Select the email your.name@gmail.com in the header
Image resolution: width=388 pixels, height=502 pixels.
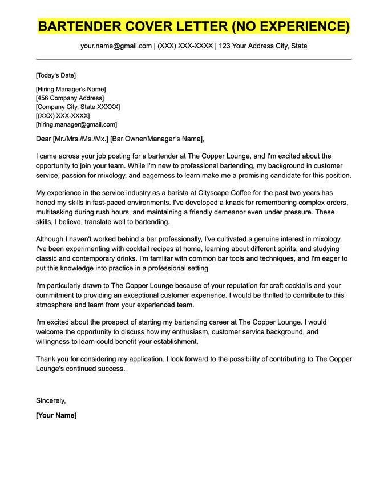click(116, 46)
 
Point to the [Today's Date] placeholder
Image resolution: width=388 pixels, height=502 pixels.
click(55, 75)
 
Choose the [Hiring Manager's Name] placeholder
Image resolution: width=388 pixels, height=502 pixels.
click(71, 89)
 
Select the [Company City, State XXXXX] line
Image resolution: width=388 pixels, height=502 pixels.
click(78, 107)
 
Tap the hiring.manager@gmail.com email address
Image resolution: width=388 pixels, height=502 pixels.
click(76, 124)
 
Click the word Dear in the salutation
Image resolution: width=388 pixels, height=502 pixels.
click(43, 139)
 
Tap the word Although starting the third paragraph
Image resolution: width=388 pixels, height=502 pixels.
click(52, 240)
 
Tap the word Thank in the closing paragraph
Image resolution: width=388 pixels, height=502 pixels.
click(46, 359)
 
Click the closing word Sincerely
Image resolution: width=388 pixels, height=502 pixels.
click(51, 400)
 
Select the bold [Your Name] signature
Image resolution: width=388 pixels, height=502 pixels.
click(56, 415)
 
